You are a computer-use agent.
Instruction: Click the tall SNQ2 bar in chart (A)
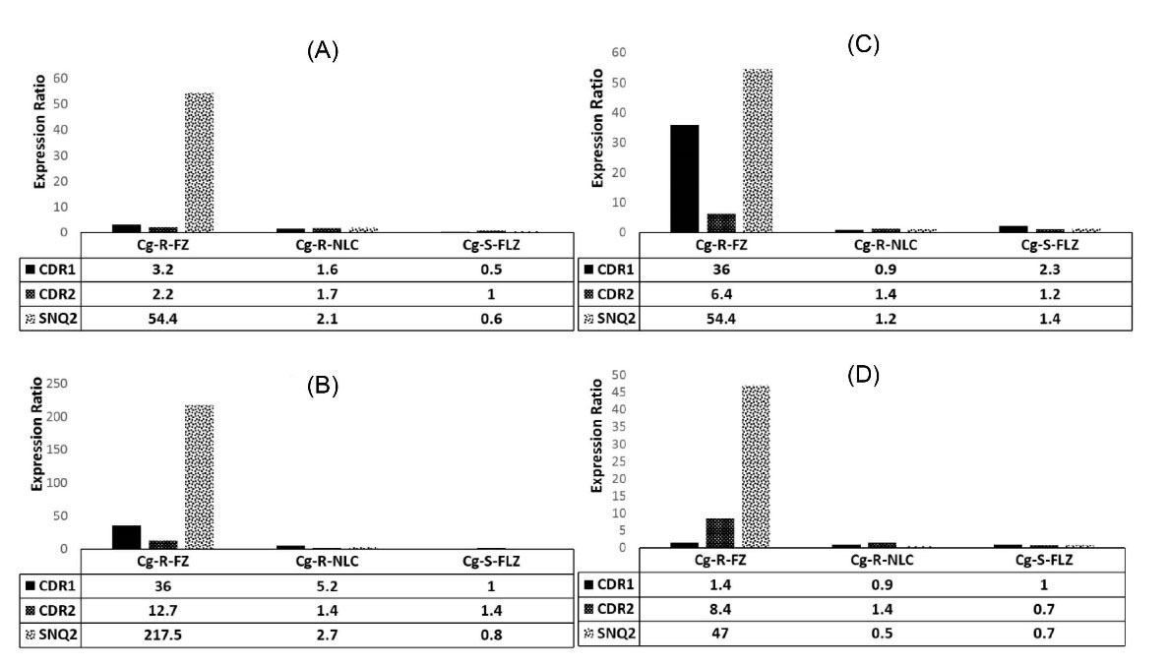coord(199,162)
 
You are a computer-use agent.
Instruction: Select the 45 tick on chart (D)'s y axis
coord(617,409)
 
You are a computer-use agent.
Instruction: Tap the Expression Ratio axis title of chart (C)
coord(597,141)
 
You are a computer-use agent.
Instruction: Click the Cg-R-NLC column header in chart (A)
coord(328,244)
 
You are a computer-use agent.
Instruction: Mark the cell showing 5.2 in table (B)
coord(328,585)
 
